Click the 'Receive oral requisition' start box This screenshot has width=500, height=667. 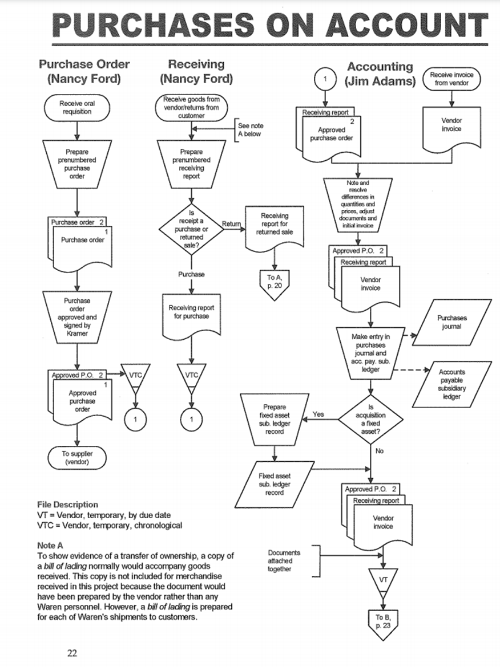coord(77,108)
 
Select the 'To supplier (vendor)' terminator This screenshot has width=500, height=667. coord(77,458)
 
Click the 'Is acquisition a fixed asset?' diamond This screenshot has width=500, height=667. coord(370,420)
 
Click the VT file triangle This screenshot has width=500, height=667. coord(383,579)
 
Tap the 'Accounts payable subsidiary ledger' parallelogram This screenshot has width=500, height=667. coord(451,384)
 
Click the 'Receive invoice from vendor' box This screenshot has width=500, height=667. coord(451,79)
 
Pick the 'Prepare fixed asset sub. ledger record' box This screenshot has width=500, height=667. coord(275,419)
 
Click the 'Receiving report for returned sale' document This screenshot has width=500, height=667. coord(275,225)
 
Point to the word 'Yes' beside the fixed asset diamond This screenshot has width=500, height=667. coord(318,414)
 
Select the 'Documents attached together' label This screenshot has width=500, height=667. coord(284,560)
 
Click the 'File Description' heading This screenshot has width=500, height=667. coord(67,505)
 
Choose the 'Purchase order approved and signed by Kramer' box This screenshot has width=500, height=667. coord(77,316)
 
